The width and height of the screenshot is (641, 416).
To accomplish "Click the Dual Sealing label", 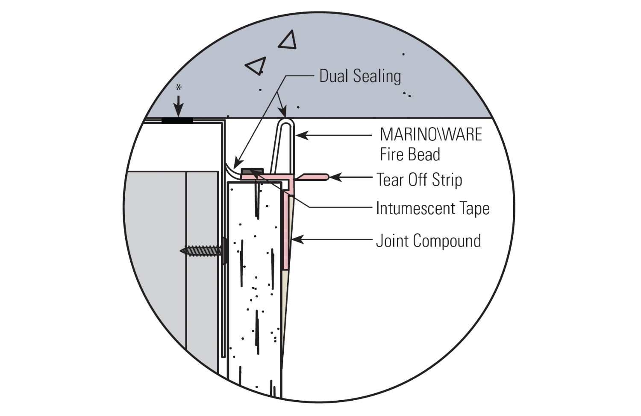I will [x=360, y=76].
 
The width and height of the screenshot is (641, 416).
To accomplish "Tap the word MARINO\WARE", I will [x=431, y=134].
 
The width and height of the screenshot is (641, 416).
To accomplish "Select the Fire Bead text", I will [x=410, y=154].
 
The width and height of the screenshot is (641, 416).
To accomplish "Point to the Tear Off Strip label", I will [x=419, y=180].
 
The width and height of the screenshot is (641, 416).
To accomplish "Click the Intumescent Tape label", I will [x=432, y=209].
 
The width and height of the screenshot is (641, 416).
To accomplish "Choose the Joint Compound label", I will [x=428, y=241].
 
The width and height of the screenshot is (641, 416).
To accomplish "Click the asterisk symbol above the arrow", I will [x=179, y=88].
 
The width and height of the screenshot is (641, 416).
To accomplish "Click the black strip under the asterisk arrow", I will [x=177, y=121].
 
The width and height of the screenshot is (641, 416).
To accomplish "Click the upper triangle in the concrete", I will [x=288, y=40].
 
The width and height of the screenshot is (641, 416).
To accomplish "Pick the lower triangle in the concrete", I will [x=256, y=66].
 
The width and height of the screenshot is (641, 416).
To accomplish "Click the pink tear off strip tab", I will [x=314, y=176].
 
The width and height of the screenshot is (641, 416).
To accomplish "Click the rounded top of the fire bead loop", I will [x=286, y=122].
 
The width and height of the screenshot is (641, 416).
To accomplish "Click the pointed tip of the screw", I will [x=182, y=251].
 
